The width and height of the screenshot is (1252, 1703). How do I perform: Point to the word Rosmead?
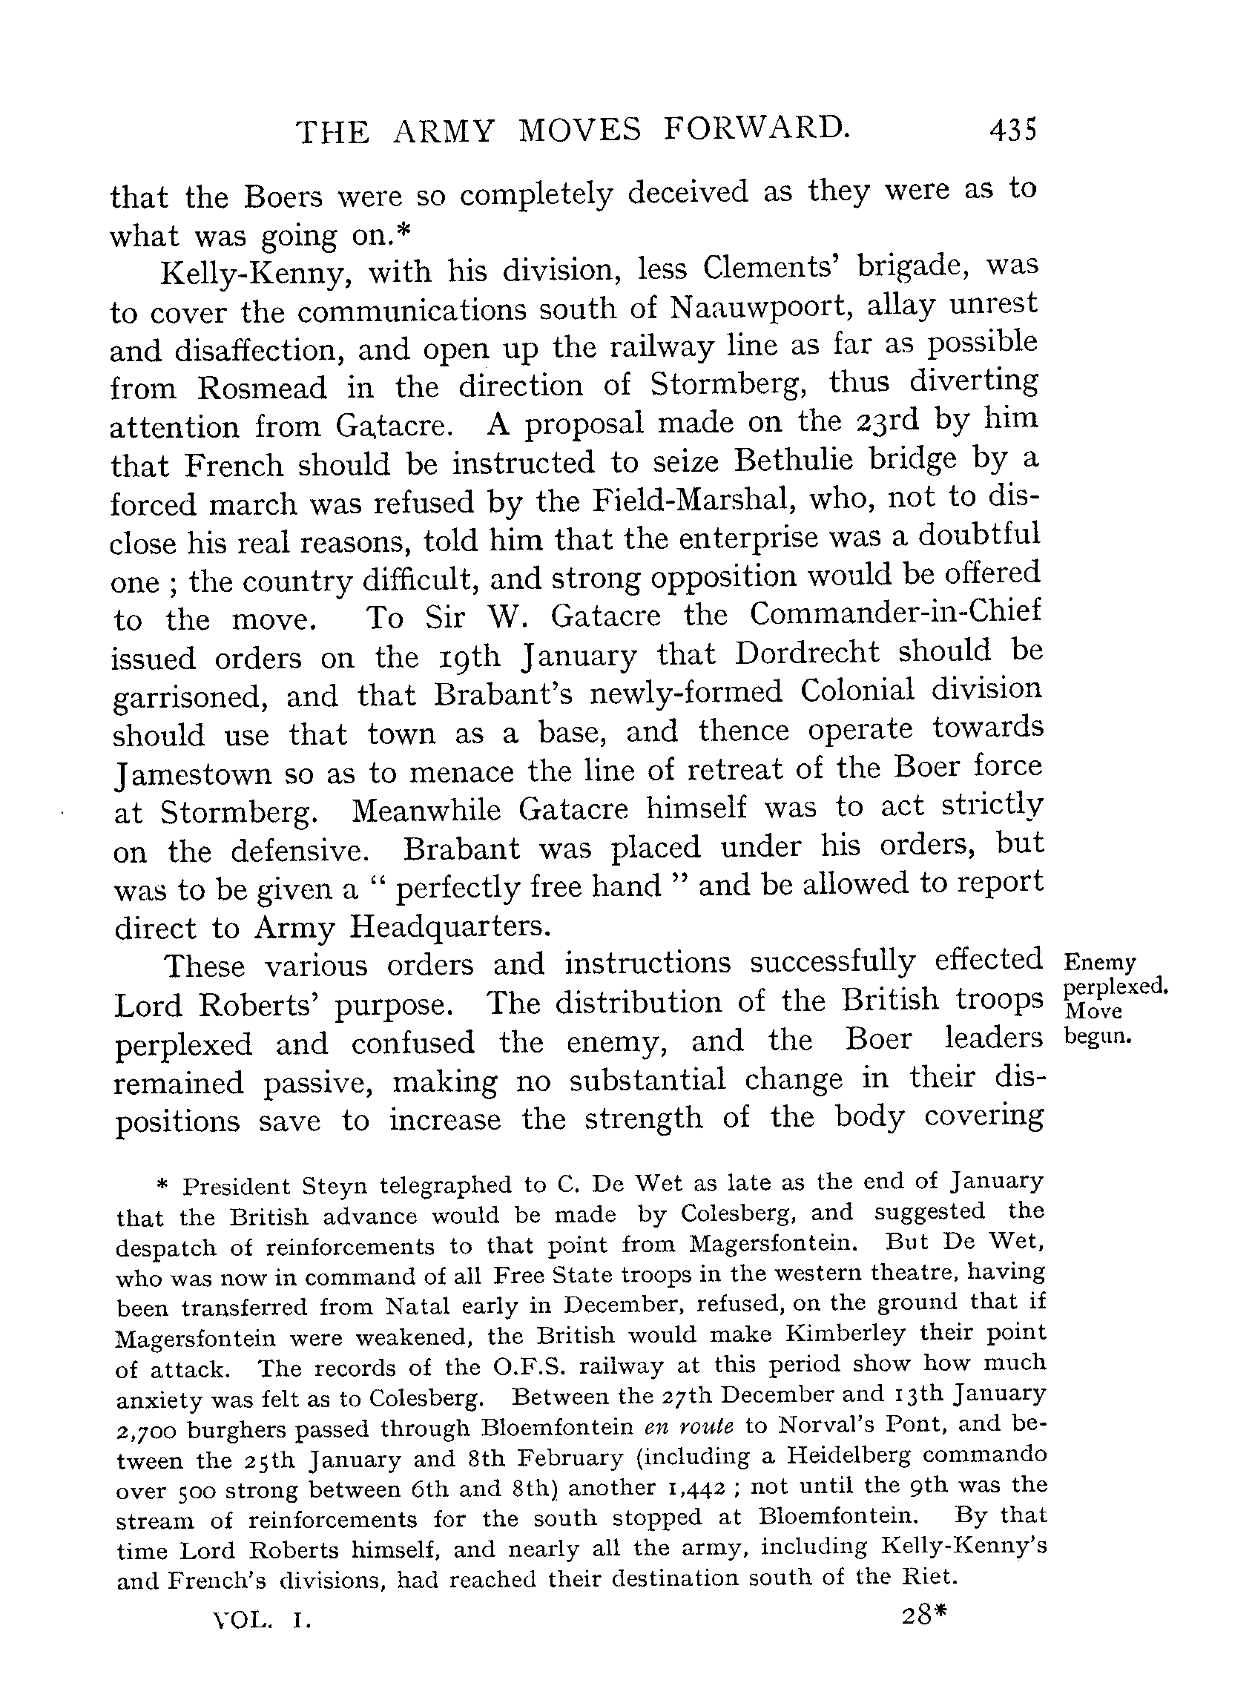[x=263, y=388]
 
